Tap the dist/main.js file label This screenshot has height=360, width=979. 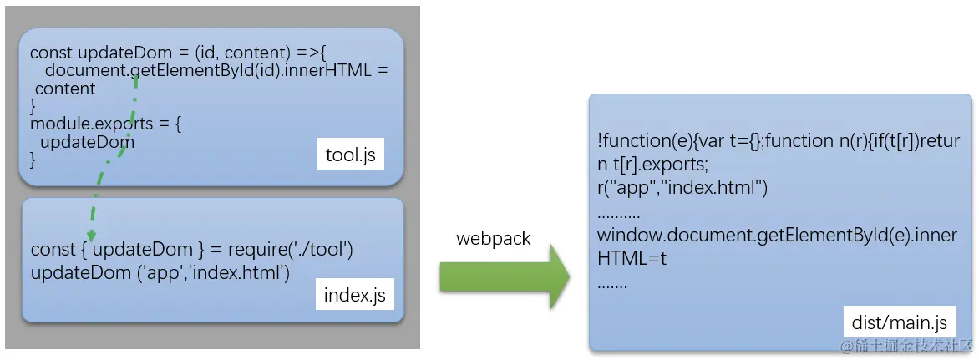tap(898, 322)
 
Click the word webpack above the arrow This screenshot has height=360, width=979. tap(493, 239)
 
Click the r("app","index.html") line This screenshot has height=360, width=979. tap(682, 188)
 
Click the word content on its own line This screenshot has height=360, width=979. tap(65, 89)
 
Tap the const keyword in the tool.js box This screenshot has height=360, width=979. tap(52, 53)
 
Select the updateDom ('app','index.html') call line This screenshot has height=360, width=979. tap(160, 272)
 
